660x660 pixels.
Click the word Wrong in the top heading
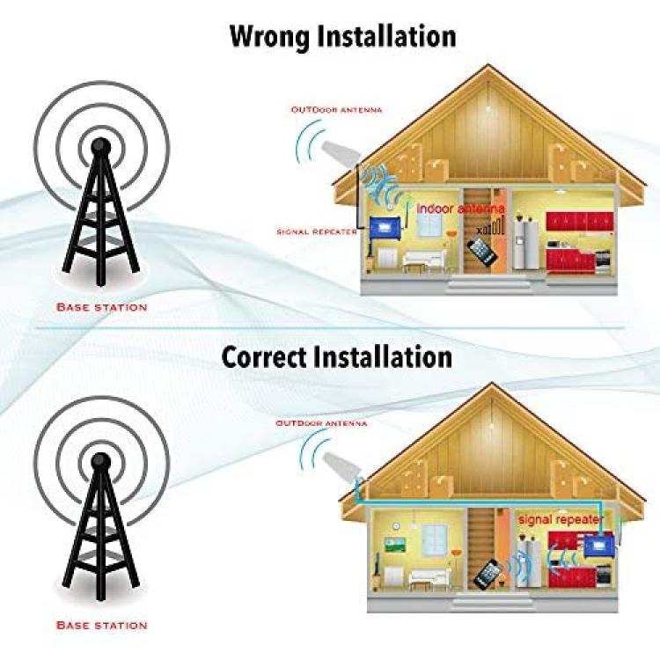(269, 37)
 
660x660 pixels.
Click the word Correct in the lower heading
(263, 357)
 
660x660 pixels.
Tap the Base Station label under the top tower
(102, 307)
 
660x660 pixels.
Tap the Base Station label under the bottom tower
(102, 625)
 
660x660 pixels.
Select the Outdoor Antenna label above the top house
(337, 110)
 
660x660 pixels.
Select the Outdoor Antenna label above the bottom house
(321, 423)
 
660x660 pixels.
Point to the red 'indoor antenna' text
(460, 209)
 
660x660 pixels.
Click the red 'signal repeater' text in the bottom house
(561, 519)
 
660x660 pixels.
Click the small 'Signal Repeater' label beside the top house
(317, 232)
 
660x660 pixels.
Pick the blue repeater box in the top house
(384, 228)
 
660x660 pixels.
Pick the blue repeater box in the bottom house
(599, 545)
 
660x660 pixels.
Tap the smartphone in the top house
(482, 251)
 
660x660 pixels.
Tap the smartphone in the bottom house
(488, 574)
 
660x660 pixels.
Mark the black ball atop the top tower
(101, 145)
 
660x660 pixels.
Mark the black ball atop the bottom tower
(101, 461)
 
